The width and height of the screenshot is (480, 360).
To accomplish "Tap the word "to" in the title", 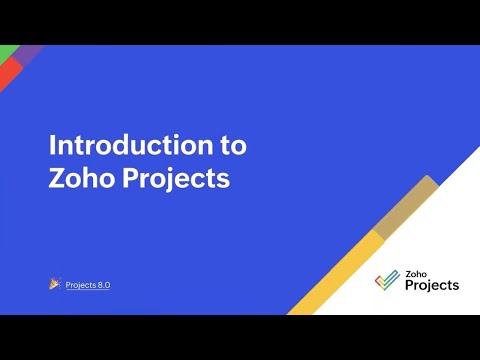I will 232,145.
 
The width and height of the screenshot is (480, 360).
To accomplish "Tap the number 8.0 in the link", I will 104,285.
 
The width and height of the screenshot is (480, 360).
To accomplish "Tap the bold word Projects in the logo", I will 432,286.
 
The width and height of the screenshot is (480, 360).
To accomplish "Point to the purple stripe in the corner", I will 28,52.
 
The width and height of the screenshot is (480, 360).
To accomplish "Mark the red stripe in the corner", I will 7,75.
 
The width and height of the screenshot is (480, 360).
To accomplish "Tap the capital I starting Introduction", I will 52,145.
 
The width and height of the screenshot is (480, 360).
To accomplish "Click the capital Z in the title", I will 58,180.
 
